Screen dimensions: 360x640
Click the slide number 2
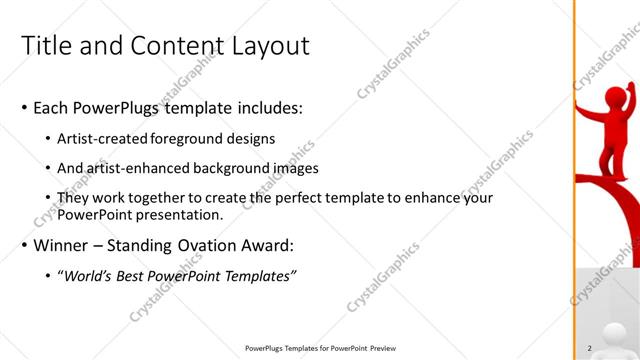click(x=590, y=348)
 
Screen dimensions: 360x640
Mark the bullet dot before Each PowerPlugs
click(x=24, y=108)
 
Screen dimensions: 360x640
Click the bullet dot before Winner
click(x=24, y=245)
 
